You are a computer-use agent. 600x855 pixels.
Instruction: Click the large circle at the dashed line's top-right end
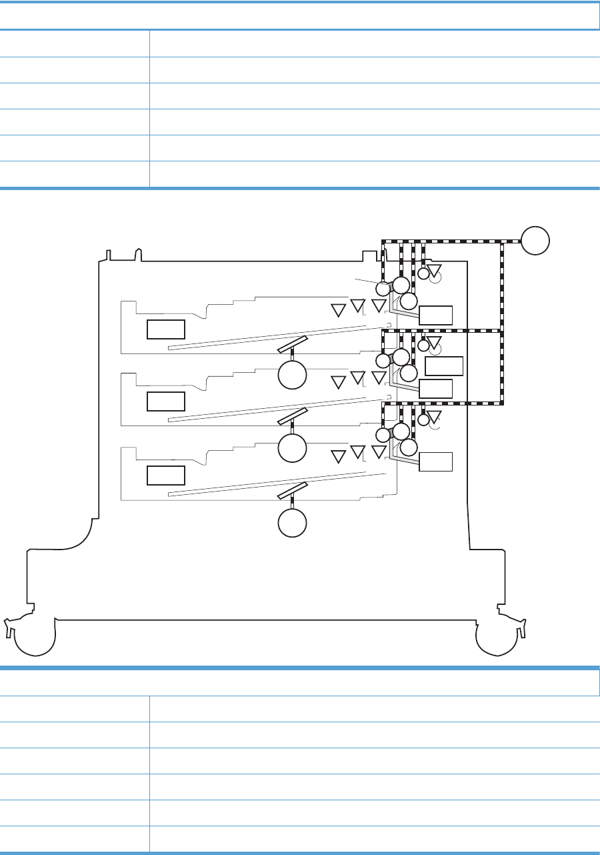pyautogui.click(x=536, y=241)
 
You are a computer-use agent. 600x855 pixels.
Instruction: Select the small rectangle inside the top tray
pyautogui.click(x=165, y=329)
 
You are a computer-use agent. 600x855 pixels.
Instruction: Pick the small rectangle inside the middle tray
pyautogui.click(x=165, y=401)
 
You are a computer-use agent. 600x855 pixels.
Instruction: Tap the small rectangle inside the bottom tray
pyautogui.click(x=165, y=475)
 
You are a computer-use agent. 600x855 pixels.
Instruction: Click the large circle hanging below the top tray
pyautogui.click(x=292, y=374)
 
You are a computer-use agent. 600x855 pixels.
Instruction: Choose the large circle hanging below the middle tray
pyautogui.click(x=292, y=448)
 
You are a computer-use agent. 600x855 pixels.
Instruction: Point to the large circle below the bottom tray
pyautogui.click(x=292, y=522)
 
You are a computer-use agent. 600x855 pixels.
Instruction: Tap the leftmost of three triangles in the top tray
pyautogui.click(x=339, y=310)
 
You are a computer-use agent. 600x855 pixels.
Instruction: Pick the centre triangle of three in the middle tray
pyautogui.click(x=358, y=379)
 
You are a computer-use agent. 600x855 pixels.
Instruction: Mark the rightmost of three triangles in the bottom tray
pyautogui.click(x=379, y=452)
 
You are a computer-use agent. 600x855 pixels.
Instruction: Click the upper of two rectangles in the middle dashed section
pyautogui.click(x=443, y=365)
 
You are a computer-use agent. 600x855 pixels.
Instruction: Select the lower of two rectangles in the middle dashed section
pyautogui.click(x=435, y=387)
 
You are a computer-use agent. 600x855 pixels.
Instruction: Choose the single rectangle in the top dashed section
pyautogui.click(x=435, y=314)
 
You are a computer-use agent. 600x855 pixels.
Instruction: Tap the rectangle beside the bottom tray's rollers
pyautogui.click(x=435, y=461)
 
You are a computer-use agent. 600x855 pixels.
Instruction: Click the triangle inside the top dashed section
pyautogui.click(x=435, y=271)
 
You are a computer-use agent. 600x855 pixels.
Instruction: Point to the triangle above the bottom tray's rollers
pyautogui.click(x=435, y=417)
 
